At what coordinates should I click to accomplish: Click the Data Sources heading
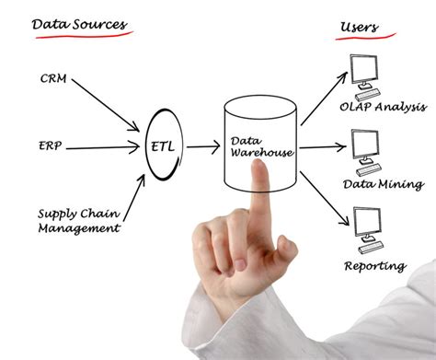(81, 23)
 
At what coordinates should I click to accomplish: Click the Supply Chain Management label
(77, 220)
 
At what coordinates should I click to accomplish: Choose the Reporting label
(375, 267)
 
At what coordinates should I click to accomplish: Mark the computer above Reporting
(368, 226)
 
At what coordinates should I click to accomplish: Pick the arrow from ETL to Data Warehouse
(203, 145)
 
